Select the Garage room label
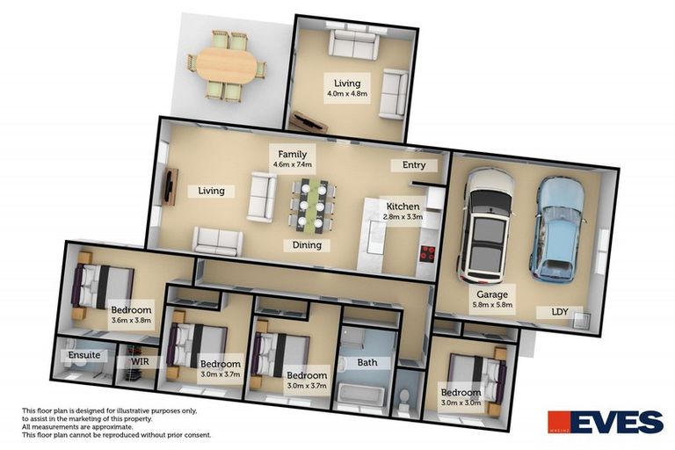point(492,295)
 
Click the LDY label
point(560,312)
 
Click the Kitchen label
point(403,206)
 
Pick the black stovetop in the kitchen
point(428,255)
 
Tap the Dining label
point(307,245)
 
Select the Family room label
point(292,154)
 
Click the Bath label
point(367,362)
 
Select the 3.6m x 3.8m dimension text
point(132,321)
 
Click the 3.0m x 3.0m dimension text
point(461,403)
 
